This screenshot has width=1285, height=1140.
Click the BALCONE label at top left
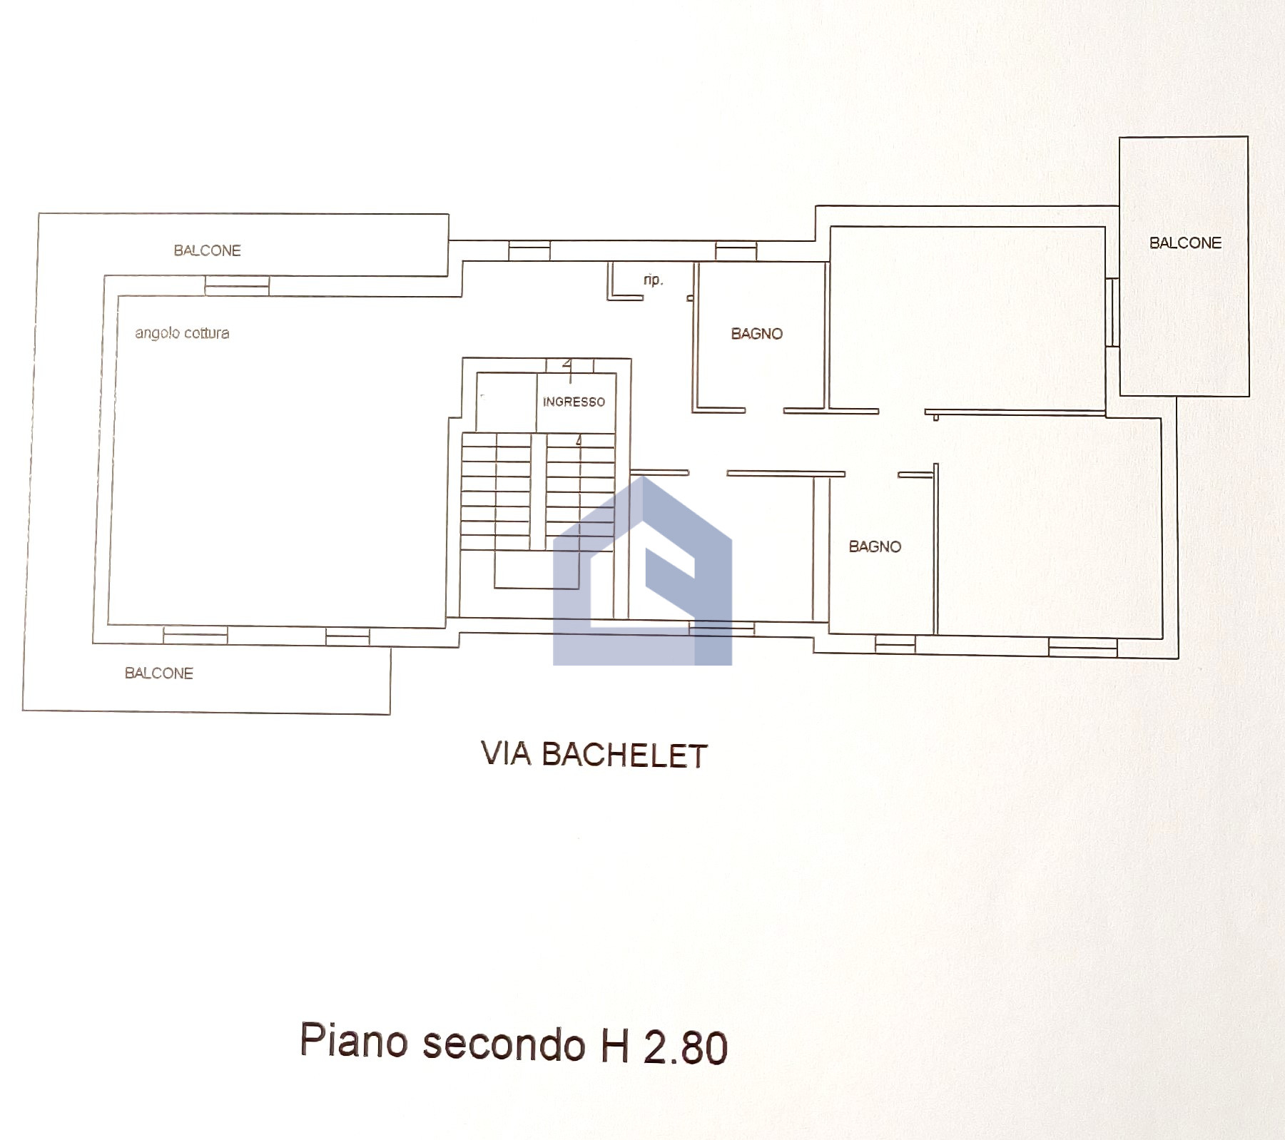pos(208,250)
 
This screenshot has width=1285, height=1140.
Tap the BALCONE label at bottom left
pos(159,673)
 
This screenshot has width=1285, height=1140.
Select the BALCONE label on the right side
pos(1185,243)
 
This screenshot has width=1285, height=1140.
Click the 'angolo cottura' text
pos(183,333)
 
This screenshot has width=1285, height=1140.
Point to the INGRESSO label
pos(574,402)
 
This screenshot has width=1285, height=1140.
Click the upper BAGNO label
pos(757,333)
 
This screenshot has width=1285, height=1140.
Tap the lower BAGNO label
pos(875,546)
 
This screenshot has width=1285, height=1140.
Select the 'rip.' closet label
pos(653,280)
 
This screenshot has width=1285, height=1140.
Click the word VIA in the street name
pos(506,754)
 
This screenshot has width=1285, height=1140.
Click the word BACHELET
pos(624,755)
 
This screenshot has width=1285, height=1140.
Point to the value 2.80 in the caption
pos(686,1047)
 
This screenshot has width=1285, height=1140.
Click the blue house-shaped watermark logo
pos(643,571)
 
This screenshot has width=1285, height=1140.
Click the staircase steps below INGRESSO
pos(538,492)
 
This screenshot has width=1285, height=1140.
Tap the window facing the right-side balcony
pos(1112,312)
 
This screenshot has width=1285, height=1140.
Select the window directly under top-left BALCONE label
pos(237,285)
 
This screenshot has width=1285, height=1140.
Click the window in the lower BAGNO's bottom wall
pos(895,644)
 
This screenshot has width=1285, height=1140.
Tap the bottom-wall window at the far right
pos(1082,647)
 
